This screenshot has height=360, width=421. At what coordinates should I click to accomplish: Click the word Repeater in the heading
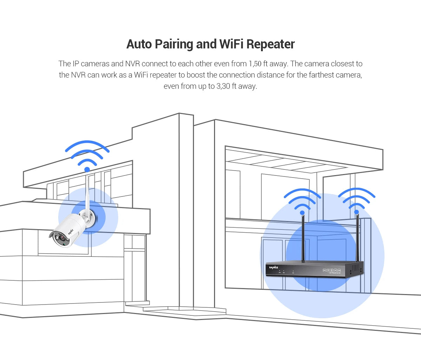pos(270,44)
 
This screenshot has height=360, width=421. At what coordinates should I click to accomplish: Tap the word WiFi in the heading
pos(231,44)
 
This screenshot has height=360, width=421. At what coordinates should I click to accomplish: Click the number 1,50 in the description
pos(255,64)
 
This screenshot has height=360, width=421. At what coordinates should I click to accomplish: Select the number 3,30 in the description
pos(223,86)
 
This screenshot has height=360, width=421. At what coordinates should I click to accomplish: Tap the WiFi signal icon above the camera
pos(87,154)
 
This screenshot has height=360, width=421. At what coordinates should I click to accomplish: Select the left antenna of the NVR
pos(302,239)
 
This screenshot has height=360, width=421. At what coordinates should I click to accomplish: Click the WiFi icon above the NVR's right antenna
pos(356,200)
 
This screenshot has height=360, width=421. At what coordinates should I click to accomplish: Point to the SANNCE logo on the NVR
pos(274,268)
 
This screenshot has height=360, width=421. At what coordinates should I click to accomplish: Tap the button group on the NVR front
pos(332,271)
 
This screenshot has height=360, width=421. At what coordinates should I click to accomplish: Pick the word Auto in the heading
pos(139,44)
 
